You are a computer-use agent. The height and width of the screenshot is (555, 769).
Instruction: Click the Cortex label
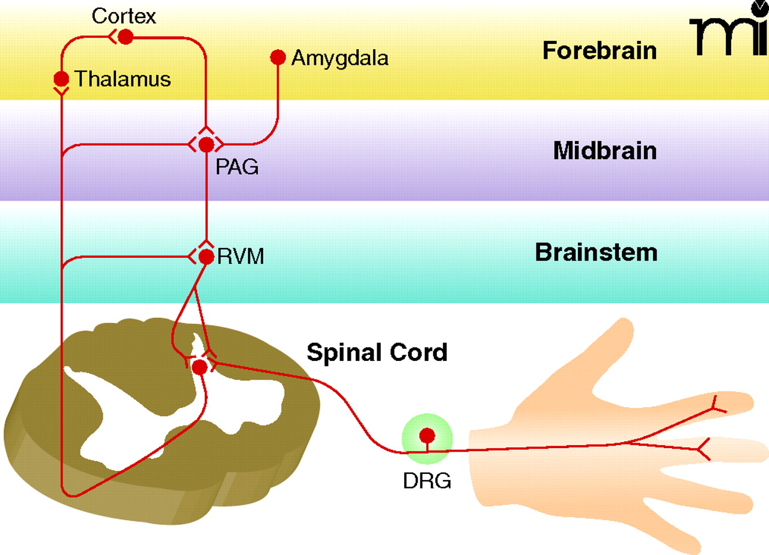coord(124,16)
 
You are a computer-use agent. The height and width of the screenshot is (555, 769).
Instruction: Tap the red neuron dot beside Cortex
coord(125,37)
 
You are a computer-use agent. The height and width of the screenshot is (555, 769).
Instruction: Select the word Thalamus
coord(123,79)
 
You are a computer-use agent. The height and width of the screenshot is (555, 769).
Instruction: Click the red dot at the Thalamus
coord(61,79)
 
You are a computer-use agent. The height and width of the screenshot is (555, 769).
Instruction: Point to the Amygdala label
coord(339,58)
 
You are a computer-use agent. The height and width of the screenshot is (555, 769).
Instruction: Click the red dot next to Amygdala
coord(278,57)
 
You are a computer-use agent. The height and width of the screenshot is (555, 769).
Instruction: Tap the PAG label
coord(237,166)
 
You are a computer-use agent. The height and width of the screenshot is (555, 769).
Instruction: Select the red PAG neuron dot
coord(206,145)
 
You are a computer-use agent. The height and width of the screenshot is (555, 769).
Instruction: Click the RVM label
coord(240,257)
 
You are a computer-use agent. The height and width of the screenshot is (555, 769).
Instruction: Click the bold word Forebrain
coord(599,50)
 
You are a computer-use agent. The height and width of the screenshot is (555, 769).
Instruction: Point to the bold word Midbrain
coord(604,151)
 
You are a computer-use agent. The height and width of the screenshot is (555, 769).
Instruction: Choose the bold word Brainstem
coord(596,253)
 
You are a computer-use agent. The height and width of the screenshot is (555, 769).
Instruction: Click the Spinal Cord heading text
coord(377,352)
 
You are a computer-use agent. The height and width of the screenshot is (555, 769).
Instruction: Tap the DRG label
coord(427,481)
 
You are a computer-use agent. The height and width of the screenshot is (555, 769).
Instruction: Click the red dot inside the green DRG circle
coord(427,435)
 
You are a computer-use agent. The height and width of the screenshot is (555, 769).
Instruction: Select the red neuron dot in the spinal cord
coord(199,366)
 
